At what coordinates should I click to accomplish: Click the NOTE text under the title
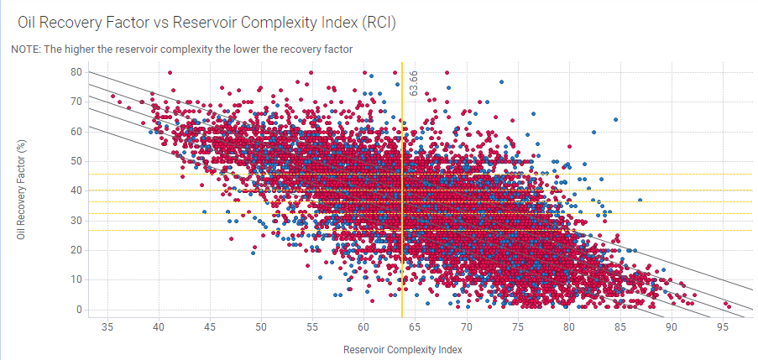pos(181,50)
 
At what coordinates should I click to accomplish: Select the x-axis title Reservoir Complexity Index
pos(403,348)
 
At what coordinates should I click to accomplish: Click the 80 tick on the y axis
pos(75,72)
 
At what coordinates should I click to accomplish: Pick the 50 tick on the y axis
pos(75,161)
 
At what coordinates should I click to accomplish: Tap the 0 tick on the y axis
pos(78,310)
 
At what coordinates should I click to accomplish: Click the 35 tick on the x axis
pos(107,326)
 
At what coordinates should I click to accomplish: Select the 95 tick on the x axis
pos(723,326)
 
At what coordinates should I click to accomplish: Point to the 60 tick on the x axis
pos(363,326)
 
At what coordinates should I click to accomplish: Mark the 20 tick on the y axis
pos(75,250)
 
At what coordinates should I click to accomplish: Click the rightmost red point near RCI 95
pos(729,307)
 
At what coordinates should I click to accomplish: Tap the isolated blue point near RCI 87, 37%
pos(640,200)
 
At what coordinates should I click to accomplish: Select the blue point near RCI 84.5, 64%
pos(615,120)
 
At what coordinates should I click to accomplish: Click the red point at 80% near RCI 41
pos(170,73)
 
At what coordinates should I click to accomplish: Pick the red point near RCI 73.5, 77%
pos(501,82)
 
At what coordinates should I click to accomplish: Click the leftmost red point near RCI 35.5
pos(113,97)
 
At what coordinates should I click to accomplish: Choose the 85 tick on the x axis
pos(620,326)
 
